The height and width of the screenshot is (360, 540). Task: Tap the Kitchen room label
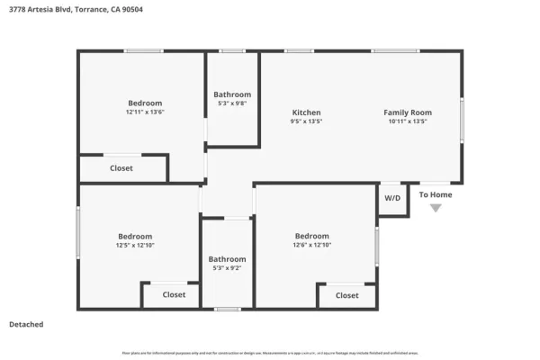[306, 112]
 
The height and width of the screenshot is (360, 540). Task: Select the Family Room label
[407, 112]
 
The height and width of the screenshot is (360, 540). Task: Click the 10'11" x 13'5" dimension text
[407, 121]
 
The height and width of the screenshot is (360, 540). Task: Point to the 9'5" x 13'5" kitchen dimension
[306, 121]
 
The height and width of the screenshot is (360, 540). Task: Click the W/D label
[392, 198]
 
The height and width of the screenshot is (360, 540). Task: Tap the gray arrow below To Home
[436, 208]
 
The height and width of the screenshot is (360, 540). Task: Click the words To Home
[436, 194]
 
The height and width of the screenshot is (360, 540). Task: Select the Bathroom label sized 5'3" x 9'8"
[232, 94]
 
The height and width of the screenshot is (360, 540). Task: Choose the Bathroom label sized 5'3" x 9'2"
[227, 259]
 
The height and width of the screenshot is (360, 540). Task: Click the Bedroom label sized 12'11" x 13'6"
[145, 103]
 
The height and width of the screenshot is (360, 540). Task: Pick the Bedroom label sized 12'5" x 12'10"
[135, 236]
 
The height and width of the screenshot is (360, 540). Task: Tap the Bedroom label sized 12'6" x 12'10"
[312, 236]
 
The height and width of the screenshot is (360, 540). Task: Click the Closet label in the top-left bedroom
[121, 168]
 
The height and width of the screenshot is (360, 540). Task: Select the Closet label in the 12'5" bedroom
[174, 294]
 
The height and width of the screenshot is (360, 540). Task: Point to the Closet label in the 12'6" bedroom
[346, 294]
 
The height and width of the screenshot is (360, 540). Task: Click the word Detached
[26, 324]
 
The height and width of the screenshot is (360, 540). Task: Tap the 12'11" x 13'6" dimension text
[145, 112]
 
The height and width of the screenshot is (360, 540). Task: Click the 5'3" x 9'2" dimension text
[227, 267]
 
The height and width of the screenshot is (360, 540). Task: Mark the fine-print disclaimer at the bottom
[270, 352]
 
